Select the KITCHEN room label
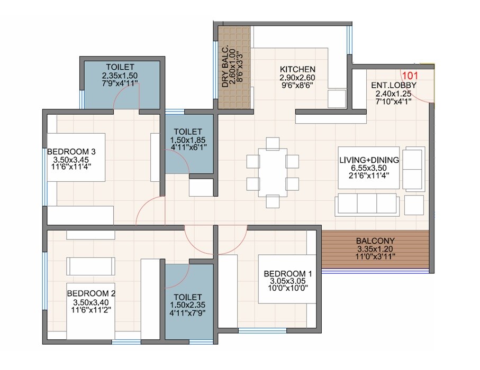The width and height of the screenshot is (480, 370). coord(297,69)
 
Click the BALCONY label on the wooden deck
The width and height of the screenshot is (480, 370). coord(375,241)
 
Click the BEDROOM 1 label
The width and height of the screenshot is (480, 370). coord(288,273)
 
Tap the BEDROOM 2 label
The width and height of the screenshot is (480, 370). coord(91,293)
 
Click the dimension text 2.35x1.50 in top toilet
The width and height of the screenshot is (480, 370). coord(120,76)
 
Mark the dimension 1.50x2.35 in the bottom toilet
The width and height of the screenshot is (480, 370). coord(188,305)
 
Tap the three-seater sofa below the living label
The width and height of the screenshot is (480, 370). coord(366,203)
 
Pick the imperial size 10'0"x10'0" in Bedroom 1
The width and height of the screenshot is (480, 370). coord(288,289)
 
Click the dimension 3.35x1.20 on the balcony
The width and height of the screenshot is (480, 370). coord(375,249)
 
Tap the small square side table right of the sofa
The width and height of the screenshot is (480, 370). coord(414,203)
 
